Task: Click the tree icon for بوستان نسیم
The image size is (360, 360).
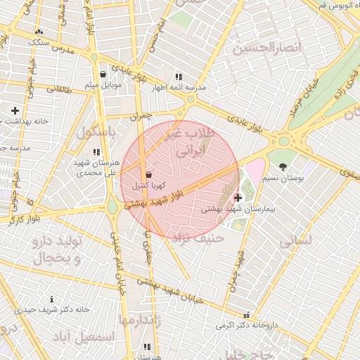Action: (x=283, y=167)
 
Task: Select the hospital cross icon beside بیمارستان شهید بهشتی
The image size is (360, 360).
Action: (x=238, y=198)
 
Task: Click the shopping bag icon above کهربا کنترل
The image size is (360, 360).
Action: (x=148, y=174)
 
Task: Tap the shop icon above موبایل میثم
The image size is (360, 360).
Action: (x=103, y=74)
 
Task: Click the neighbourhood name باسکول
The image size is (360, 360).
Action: (x=94, y=131)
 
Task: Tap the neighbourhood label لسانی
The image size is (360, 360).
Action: (x=295, y=242)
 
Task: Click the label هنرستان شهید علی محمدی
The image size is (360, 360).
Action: (x=97, y=167)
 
